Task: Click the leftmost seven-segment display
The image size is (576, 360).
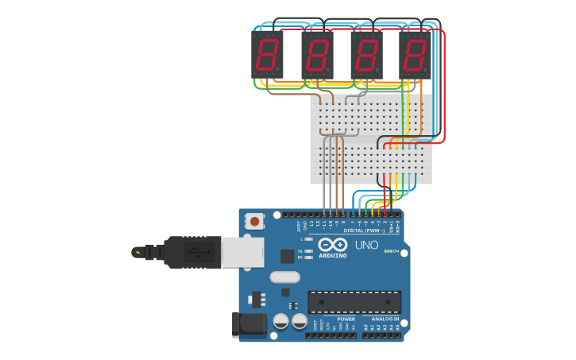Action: (x=267, y=54)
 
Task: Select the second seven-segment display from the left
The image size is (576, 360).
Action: (x=317, y=54)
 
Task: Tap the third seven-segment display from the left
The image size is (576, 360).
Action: (x=366, y=54)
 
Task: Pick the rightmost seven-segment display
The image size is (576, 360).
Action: (x=415, y=54)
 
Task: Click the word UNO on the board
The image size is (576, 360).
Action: (x=366, y=245)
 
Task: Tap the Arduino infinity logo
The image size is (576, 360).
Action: (x=333, y=244)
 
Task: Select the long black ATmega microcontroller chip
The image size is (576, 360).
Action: (x=354, y=301)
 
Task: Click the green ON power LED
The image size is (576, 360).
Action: (x=386, y=251)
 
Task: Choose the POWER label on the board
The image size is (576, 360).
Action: (x=346, y=319)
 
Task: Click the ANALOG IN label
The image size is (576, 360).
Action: (x=385, y=319)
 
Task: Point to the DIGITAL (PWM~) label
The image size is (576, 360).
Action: (x=365, y=230)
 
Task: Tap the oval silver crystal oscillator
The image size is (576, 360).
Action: (x=284, y=277)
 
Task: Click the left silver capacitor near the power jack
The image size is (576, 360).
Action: (x=280, y=321)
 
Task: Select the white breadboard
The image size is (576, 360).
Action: (x=371, y=139)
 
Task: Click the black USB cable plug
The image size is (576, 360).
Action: (x=191, y=252)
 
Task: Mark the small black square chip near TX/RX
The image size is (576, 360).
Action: (x=287, y=256)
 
